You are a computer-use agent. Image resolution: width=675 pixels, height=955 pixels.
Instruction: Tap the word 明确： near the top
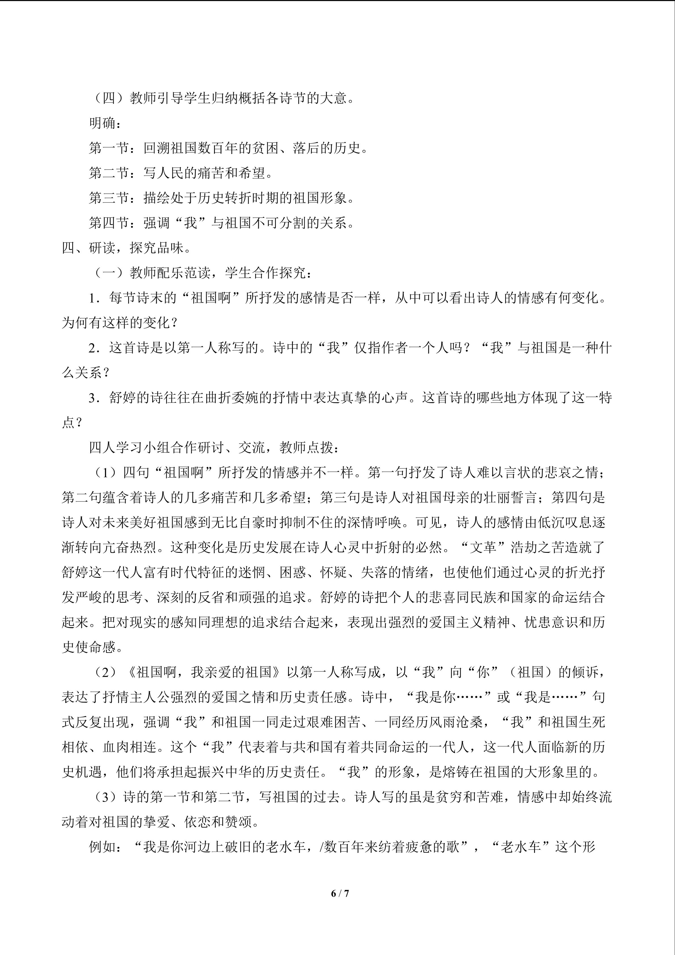point(105,123)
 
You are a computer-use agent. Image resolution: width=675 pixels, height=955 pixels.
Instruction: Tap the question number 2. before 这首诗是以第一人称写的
point(95,348)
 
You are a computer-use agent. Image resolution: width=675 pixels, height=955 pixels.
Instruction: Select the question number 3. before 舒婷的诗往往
point(95,398)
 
